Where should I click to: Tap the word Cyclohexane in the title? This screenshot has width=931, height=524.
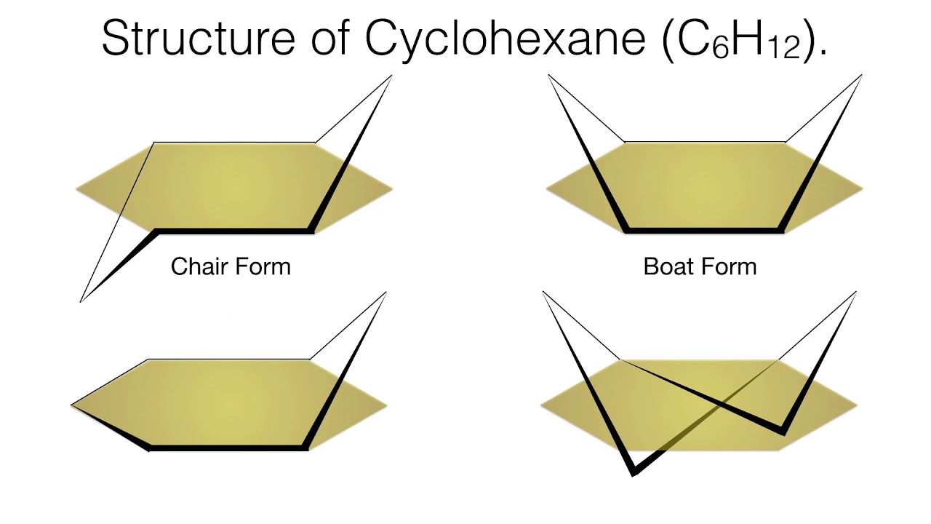coord(505,38)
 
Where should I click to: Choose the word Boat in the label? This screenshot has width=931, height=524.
coord(668,266)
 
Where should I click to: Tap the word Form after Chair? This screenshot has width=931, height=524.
coord(261,266)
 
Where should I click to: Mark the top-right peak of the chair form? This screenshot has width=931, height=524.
coord(391,76)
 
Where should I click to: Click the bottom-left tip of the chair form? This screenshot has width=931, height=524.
coord(81,301)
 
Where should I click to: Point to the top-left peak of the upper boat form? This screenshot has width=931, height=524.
coord(549,76)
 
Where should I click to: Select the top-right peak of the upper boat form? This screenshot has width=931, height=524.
coord(861,76)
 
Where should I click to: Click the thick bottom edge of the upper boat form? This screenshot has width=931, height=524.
coord(704,231)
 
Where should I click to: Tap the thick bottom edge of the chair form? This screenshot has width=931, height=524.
coord(233,231)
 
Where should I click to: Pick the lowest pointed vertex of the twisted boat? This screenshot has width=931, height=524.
coord(633,474)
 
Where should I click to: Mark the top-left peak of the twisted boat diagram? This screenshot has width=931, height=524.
coord(543,293)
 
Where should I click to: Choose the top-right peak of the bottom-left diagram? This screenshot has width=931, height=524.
coord(385,293)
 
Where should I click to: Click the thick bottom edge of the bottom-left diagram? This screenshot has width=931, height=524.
coord(228,448)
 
